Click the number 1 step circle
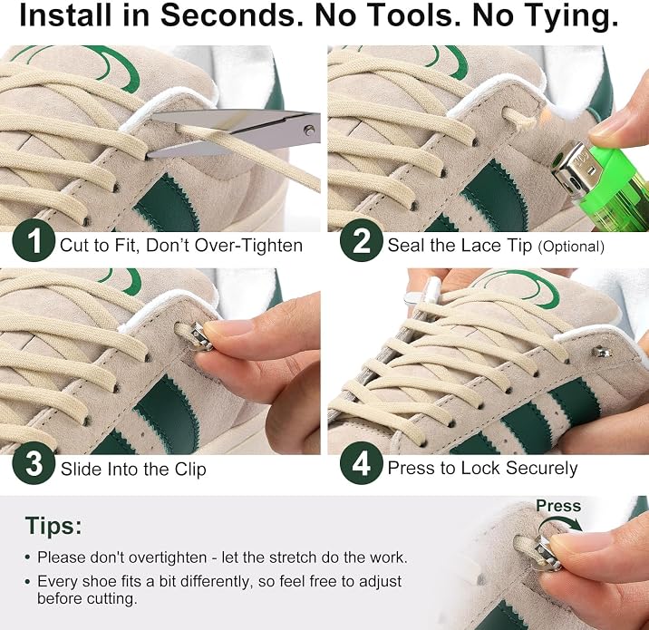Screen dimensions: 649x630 click(34, 241)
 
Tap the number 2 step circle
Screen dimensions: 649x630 click(361, 240)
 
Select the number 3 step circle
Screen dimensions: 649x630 click(34, 463)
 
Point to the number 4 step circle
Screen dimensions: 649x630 click(361, 463)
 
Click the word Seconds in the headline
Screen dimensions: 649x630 click(232, 15)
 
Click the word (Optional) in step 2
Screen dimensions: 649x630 click(571, 247)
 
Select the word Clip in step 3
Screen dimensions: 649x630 click(190, 470)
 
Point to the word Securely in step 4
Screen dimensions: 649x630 click(541, 469)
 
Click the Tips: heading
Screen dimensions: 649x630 click(53, 526)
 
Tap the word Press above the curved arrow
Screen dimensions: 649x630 click(558, 506)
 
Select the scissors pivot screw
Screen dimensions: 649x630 click(308, 131)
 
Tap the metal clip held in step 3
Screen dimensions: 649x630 click(200, 337)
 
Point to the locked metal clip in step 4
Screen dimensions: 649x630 click(602, 352)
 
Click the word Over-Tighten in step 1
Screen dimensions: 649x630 click(248, 246)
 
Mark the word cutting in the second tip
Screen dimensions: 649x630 click(111, 599)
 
